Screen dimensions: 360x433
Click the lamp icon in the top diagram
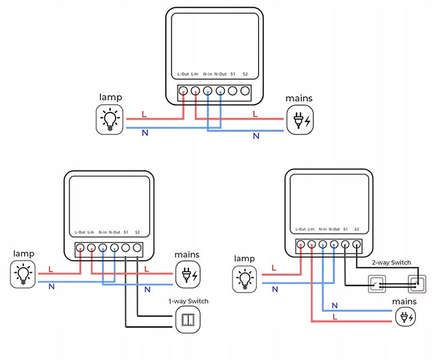coord(109,119)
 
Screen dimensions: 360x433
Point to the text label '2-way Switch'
coord(391,263)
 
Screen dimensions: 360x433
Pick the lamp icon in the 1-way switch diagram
coord(23,275)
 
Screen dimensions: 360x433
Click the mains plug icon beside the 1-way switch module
coord(188,275)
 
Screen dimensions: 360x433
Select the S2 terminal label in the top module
coord(245,74)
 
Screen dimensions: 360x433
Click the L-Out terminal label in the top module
coord(183,74)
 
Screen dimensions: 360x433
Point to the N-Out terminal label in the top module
coord(220,74)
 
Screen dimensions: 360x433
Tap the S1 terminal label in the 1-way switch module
coord(126,232)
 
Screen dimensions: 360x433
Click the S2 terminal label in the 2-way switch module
coord(357,229)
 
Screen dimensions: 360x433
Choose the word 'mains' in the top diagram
coord(299,98)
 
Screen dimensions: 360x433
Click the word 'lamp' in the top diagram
coord(111,97)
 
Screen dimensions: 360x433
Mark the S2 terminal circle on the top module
coord(245,92)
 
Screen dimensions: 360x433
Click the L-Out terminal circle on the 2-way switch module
coord(301,244)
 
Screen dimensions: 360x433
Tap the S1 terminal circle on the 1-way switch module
coord(126,247)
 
